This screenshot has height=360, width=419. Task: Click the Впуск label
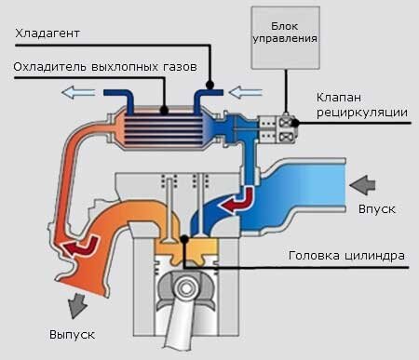pyautogui.click(x=377, y=208)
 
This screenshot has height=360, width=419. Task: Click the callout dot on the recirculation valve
pyautogui.click(x=294, y=122)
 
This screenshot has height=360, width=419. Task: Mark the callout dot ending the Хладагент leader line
pyautogui.click(x=211, y=88)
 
